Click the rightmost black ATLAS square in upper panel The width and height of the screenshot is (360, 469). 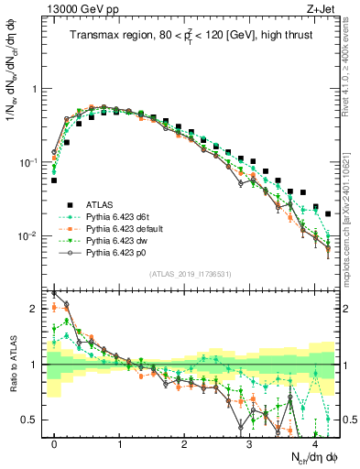tap(328, 214)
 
